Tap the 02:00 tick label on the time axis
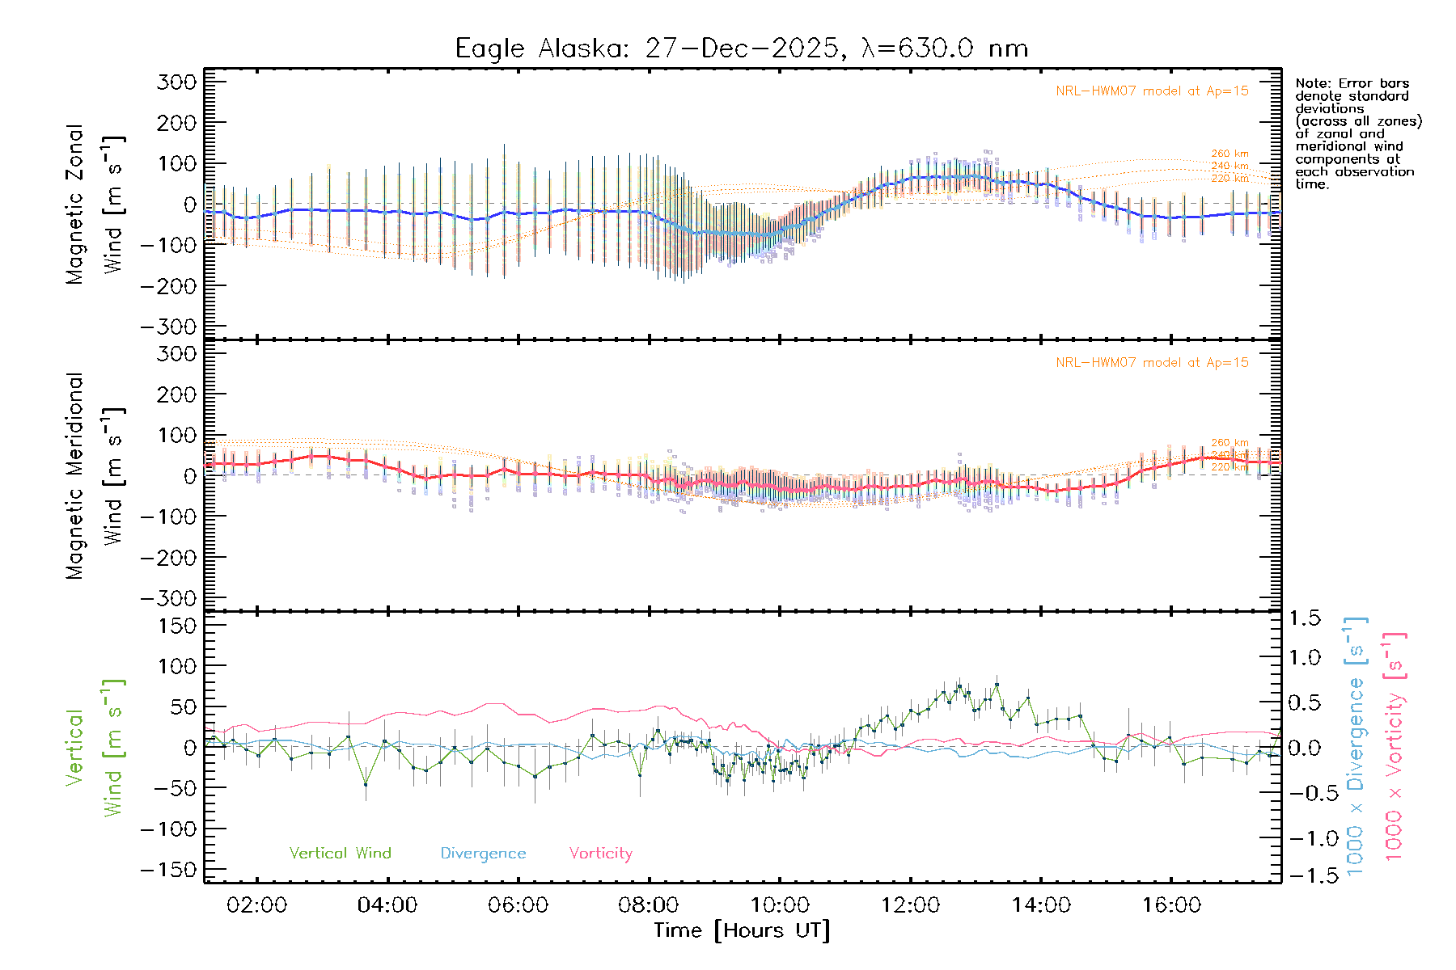256,905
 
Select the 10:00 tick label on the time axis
780,905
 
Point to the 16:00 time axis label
1171,905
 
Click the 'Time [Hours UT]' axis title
742,930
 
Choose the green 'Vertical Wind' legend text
340,853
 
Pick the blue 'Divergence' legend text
483,854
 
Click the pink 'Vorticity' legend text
600,853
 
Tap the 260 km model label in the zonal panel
1230,154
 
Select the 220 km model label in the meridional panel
1230,467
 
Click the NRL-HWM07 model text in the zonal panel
1152,91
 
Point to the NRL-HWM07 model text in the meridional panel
1152,363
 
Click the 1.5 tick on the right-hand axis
1304,618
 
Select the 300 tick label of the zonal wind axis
177,82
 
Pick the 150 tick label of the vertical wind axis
177,626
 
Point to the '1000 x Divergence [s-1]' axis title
1356,748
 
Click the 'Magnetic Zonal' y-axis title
75,204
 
